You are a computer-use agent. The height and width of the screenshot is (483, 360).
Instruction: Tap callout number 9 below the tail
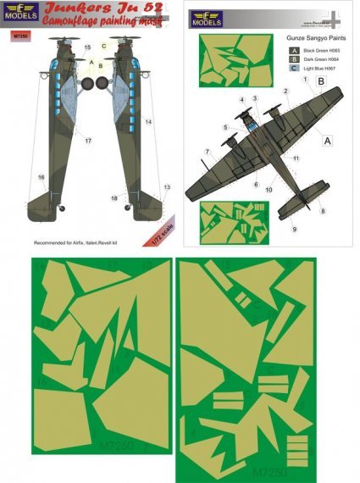click(296, 229)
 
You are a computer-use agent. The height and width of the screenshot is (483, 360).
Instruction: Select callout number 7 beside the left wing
click(206, 153)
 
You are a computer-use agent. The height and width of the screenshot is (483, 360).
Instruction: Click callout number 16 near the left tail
click(40, 176)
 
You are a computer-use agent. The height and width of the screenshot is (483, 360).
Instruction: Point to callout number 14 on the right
click(147, 122)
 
